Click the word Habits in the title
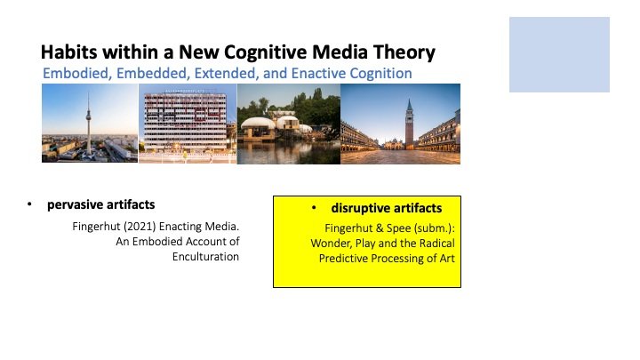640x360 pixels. (69, 52)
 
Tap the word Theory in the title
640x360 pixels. (404, 53)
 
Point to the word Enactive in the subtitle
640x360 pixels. (319, 74)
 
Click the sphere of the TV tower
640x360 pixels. (88, 118)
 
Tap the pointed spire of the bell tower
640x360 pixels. (409, 105)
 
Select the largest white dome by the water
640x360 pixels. (258, 124)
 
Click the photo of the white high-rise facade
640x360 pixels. (188, 124)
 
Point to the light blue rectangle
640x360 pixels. (559, 54)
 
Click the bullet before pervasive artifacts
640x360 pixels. (29, 204)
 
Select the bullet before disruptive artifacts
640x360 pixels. (314, 208)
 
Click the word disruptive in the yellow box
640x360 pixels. (360, 208)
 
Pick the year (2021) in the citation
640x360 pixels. (140, 227)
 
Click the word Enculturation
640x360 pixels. (205, 256)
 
